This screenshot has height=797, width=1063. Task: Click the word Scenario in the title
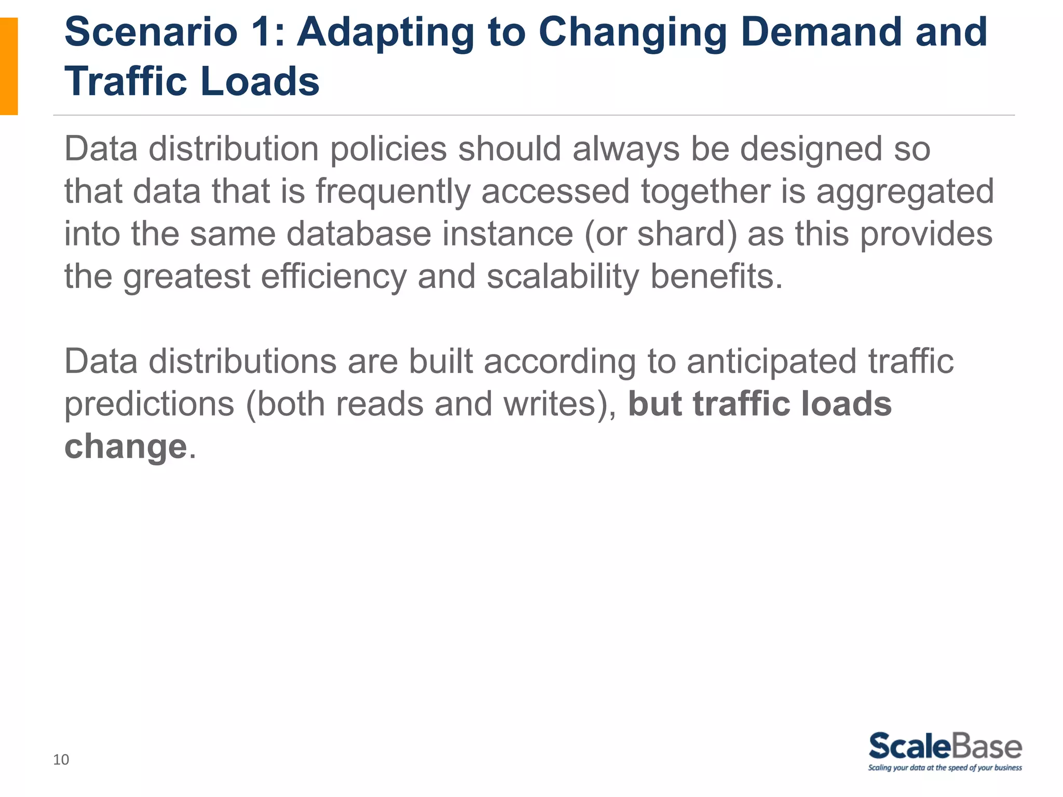pos(151,32)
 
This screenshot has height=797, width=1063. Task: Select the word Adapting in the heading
pos(385,32)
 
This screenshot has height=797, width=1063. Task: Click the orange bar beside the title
pos(9,66)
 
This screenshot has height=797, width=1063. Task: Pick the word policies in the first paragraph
pos(388,149)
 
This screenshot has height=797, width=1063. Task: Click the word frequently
pos(393,192)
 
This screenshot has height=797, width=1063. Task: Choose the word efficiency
pos(334,277)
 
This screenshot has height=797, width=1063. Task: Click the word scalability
pos(563,277)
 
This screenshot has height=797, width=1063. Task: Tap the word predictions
pos(149,404)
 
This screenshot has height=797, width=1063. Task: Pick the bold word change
pos(125,447)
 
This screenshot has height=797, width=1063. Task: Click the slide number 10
pos(61,760)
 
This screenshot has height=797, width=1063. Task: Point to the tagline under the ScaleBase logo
pos(945,768)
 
